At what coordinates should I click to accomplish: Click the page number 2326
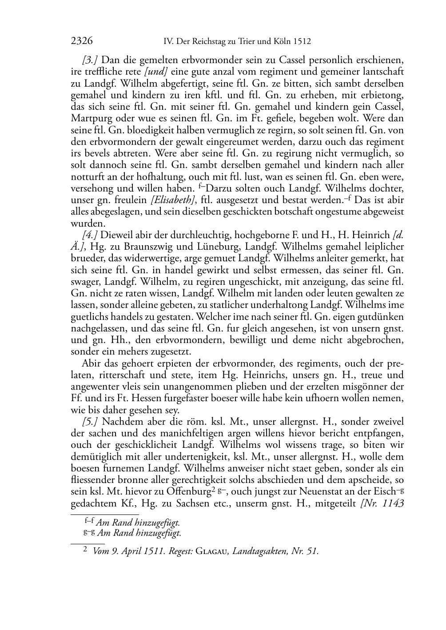point(82,41)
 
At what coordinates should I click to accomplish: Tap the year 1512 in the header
point(302,42)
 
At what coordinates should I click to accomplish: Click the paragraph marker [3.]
point(90,60)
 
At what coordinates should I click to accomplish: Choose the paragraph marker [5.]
point(90,421)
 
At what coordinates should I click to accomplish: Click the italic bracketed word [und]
point(155,72)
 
